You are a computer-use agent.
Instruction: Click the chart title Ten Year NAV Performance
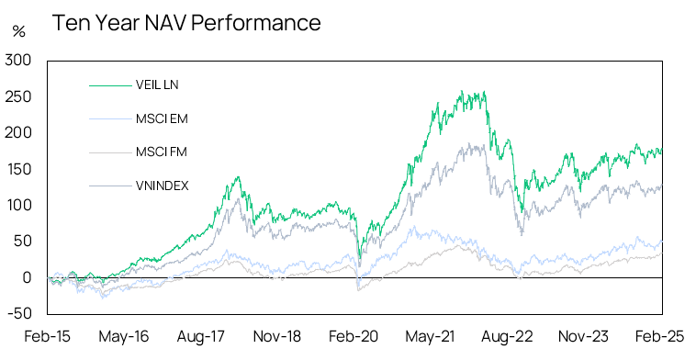coord(186,23)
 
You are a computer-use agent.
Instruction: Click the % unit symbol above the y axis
coord(18,31)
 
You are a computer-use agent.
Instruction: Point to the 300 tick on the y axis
coord(19,61)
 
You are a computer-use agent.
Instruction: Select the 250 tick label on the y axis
coord(19,96)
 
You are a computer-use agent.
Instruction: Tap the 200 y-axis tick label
coord(19,133)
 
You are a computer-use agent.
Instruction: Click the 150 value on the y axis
coord(19,169)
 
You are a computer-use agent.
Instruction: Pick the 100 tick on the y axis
coord(19,205)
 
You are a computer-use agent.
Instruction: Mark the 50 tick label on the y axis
coord(23,242)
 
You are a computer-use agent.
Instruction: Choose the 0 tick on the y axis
coord(28,277)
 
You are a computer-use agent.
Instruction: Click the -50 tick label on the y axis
coord(20,313)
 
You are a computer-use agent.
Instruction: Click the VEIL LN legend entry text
coord(157,85)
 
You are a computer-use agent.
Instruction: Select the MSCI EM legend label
coord(161,118)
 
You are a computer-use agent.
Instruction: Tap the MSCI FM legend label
coord(161,152)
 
